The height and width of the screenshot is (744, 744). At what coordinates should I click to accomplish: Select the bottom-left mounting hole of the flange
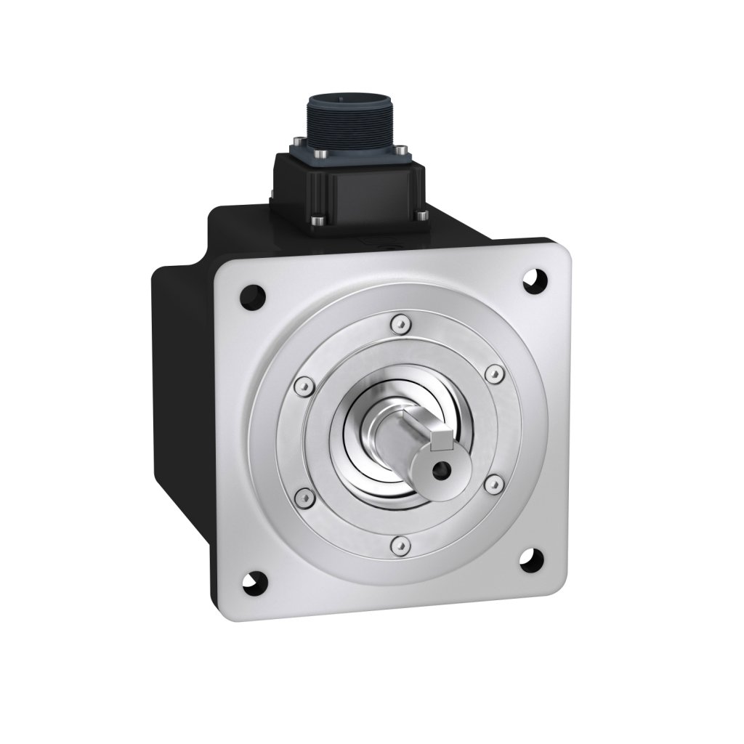click(x=256, y=580)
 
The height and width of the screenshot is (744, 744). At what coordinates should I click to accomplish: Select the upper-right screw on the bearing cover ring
click(x=493, y=373)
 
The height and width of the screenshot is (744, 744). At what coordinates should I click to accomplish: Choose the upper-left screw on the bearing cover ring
click(x=302, y=383)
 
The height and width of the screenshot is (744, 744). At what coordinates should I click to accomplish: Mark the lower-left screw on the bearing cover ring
click(x=303, y=498)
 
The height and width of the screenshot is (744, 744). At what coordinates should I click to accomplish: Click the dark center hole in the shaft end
click(x=437, y=470)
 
